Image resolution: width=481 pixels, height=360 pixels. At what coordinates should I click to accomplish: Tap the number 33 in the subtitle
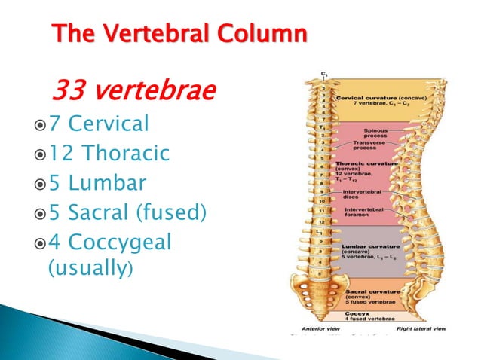point(64,92)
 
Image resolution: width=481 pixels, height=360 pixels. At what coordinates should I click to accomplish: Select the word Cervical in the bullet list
point(109,123)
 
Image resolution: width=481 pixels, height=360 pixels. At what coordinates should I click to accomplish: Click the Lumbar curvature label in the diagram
point(366,246)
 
